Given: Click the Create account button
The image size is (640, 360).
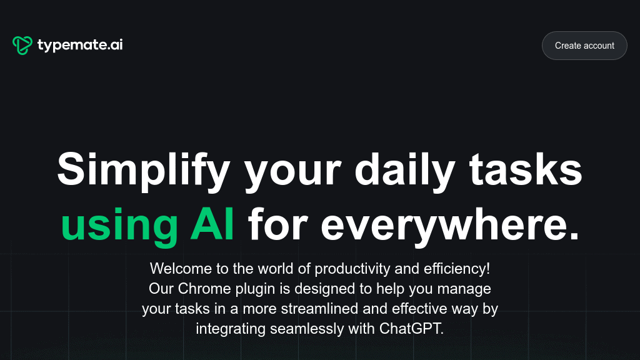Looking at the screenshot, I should click(584, 46).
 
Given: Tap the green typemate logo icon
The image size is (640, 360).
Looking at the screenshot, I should click(22, 45).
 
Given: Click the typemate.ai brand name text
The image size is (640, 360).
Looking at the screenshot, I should click(79, 45).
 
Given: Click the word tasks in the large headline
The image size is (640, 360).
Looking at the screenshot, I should click(526, 169).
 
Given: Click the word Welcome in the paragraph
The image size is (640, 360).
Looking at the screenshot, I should click(178, 269).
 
